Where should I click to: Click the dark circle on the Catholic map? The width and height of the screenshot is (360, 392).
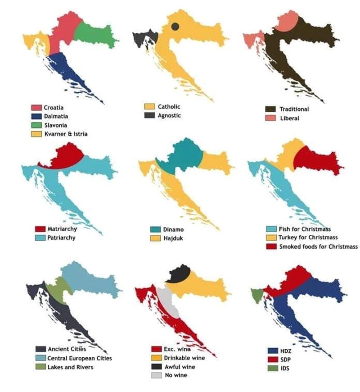point(175,27)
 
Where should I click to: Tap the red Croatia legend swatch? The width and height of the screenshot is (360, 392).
point(36,107)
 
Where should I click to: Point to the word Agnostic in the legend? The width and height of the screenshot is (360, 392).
point(169,115)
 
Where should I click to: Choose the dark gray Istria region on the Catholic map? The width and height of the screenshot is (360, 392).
point(144,38)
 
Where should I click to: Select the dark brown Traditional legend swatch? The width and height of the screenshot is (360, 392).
point(270,109)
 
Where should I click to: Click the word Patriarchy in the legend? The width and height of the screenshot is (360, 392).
point(62,237)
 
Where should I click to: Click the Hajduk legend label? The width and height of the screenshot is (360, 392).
point(173,237)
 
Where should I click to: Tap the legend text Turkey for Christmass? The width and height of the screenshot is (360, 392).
point(308,237)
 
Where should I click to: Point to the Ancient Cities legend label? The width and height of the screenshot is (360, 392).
point(67,349)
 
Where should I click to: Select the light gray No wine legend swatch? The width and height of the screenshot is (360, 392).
point(156,375)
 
